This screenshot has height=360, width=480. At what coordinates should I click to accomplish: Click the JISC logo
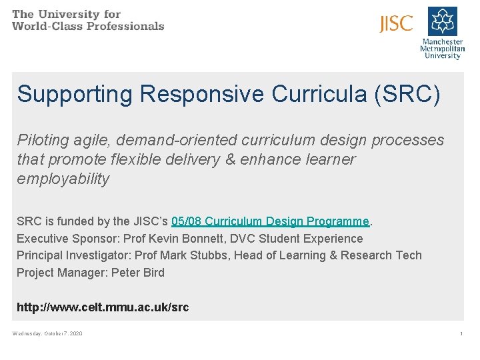point(396,24)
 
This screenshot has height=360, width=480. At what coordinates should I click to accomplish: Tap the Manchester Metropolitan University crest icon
point(442,21)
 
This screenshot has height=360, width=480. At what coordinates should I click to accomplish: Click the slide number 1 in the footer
point(461,333)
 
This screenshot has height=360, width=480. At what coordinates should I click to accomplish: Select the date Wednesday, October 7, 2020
point(47,333)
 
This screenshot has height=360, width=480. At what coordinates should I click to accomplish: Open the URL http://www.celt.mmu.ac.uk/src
point(103,307)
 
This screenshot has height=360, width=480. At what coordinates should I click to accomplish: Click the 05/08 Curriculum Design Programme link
point(270,221)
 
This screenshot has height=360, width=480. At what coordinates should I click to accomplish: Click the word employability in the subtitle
point(63,179)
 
